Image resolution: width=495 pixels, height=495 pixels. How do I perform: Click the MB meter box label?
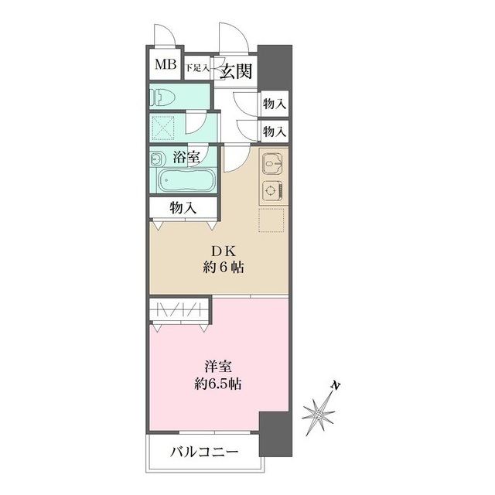[166, 65]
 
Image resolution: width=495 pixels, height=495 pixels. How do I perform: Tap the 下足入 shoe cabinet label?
[197, 68]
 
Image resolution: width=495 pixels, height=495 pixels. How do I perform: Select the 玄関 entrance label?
[236, 71]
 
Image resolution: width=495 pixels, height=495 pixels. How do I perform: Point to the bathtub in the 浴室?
[186, 180]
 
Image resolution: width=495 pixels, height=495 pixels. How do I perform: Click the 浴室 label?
[186, 157]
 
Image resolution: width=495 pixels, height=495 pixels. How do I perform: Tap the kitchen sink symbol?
[272, 163]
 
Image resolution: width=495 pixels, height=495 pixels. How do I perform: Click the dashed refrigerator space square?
[271, 220]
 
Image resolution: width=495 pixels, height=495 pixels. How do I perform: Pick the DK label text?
[223, 251]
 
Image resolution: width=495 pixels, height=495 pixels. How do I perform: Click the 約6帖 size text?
[224, 268]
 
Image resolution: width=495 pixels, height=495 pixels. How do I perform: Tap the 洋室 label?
[218, 367]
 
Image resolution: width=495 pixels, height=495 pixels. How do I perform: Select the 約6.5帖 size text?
[218, 384]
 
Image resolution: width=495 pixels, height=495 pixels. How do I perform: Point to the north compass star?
[319, 414]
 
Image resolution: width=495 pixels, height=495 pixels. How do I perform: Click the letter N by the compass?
[336, 386]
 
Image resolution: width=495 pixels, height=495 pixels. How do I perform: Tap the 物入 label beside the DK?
[183, 208]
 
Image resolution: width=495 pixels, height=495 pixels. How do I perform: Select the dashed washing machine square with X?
[163, 128]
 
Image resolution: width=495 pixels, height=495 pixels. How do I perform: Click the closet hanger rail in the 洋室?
[179, 309]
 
